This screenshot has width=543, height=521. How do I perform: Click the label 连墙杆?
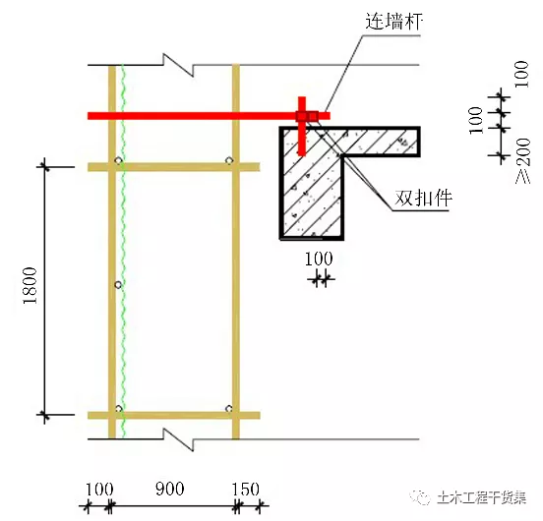(x=394, y=22)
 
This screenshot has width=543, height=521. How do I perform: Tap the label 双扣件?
(x=424, y=199)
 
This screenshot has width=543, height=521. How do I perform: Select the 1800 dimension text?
(x=30, y=286)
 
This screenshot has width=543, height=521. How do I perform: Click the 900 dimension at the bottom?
(x=169, y=489)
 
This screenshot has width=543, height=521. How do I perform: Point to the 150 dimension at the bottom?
(x=246, y=490)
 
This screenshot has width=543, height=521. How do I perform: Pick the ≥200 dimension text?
(x=523, y=160)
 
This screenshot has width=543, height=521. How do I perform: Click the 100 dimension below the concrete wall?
(x=319, y=259)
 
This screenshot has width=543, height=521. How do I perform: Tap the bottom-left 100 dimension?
(x=99, y=490)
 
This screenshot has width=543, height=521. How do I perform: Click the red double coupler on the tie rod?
(x=307, y=116)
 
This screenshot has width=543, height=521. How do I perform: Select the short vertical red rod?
(x=302, y=126)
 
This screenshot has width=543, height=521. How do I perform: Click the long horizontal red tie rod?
(x=209, y=116)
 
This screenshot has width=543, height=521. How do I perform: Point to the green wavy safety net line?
(x=123, y=252)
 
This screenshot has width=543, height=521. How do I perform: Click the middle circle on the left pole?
(x=118, y=285)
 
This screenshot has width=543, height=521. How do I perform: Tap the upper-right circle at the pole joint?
(x=229, y=160)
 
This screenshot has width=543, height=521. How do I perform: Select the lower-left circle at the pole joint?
(x=118, y=409)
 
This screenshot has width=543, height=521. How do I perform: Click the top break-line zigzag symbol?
(x=178, y=65)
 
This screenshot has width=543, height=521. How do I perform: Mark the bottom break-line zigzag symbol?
(x=178, y=439)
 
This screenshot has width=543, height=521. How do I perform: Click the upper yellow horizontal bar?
(x=173, y=167)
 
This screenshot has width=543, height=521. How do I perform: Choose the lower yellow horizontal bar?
(x=173, y=415)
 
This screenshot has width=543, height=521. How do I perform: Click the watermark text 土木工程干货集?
(x=482, y=498)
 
